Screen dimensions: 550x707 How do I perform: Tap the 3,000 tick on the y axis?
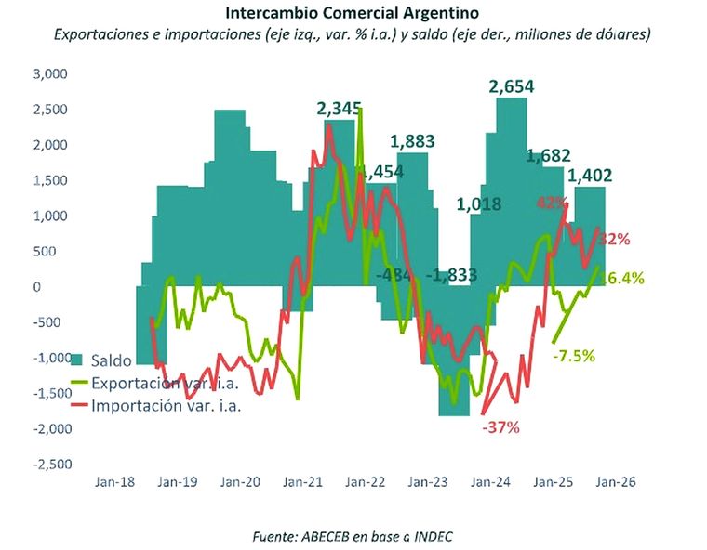[x=52, y=74]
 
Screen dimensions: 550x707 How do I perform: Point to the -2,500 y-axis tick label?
[x=51, y=465]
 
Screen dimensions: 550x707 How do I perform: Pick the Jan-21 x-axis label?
[x=303, y=483]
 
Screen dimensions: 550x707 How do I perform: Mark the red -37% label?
[x=500, y=428]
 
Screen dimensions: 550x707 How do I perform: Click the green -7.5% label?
[x=573, y=355]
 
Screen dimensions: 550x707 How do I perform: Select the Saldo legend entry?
[x=110, y=360]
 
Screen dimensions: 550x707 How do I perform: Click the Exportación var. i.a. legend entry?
[x=154, y=383]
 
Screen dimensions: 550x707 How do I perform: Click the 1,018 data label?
[x=480, y=204]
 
